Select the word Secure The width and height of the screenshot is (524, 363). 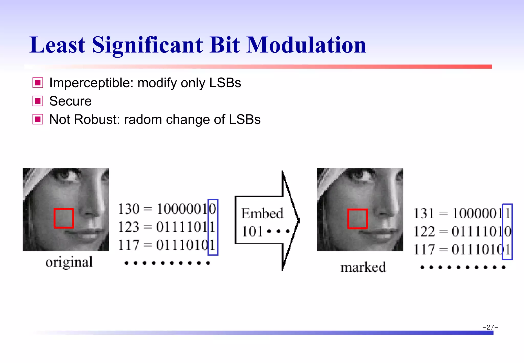70,101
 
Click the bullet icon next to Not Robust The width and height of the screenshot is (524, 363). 38,119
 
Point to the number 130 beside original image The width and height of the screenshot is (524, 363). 129,209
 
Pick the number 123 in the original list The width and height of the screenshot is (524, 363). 129,227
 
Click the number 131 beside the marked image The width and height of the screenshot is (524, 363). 424,213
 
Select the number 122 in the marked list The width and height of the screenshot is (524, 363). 424,231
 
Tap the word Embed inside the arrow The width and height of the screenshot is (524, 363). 262,213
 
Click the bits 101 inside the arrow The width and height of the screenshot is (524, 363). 252,231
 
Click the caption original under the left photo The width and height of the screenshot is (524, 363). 69,262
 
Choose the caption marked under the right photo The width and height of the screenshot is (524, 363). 363,267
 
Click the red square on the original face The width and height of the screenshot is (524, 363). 64,218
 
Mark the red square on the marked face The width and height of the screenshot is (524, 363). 357,219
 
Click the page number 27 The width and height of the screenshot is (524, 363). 490,327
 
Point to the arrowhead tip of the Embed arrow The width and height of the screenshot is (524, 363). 298,220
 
